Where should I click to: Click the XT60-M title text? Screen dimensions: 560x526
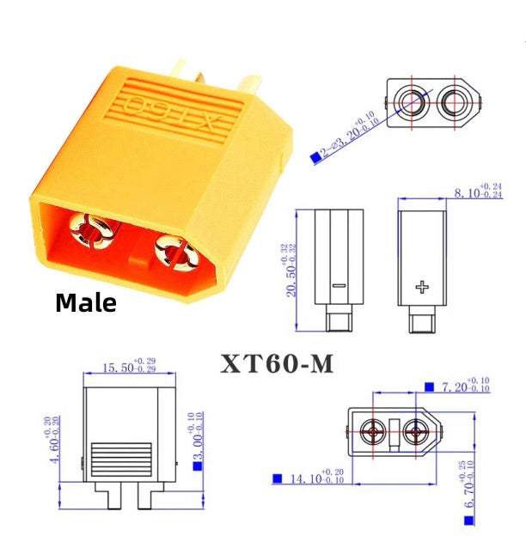tap(277, 364)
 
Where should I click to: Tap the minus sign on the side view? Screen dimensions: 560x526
tap(338, 285)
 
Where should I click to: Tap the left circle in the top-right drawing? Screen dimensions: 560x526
tap(407, 103)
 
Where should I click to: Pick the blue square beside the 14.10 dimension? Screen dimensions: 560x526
tap(278, 478)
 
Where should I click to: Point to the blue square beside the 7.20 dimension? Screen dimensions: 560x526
tap(428, 387)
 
